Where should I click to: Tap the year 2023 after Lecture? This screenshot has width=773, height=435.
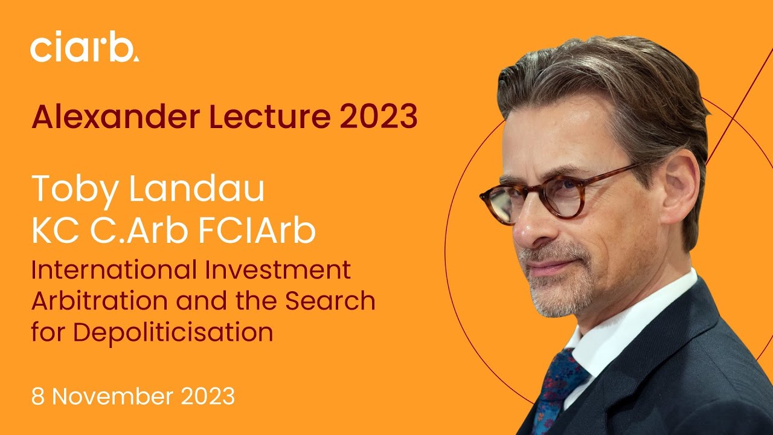pyautogui.click(x=378, y=117)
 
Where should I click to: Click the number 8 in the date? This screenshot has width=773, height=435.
pyautogui.click(x=37, y=397)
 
